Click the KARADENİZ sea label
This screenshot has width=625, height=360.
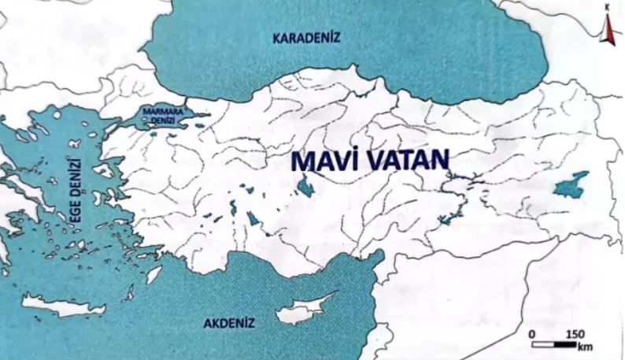tap(306, 38)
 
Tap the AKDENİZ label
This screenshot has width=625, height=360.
tap(227, 323)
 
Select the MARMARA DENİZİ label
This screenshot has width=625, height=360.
tap(163, 116)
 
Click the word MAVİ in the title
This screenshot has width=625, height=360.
tap(324, 161)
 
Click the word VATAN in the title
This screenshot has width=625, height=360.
tap(406, 161)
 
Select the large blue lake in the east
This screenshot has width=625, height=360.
tap(571, 185)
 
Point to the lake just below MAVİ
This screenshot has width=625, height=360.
tap(303, 187)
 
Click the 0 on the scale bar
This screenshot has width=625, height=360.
tap(533, 334)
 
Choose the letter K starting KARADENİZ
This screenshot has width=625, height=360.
tap(276, 38)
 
